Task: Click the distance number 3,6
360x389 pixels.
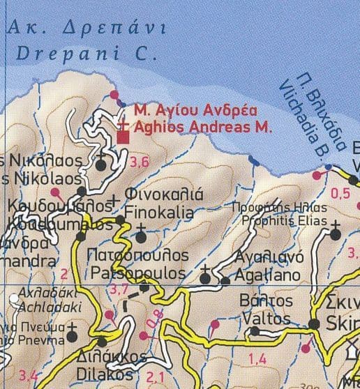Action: coord(140,162)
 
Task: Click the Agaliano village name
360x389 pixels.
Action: coord(268,276)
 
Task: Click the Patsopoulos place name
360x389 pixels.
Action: coord(137,272)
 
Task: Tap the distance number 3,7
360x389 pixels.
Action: coord(121,289)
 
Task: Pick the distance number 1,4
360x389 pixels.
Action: coord(257,359)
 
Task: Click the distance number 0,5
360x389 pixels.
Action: coord(340,194)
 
